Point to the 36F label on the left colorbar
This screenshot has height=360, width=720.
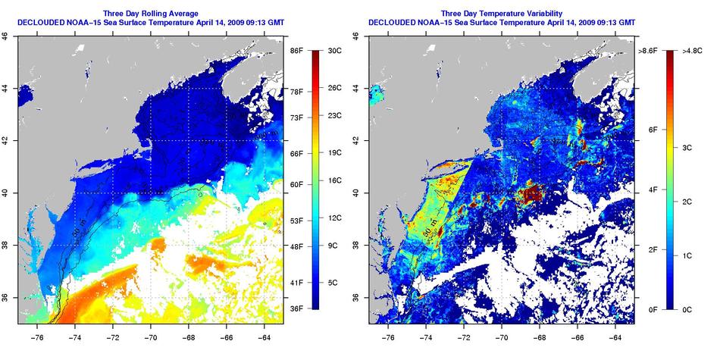coord(296,308)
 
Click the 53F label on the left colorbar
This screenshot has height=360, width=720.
coord(296,221)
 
